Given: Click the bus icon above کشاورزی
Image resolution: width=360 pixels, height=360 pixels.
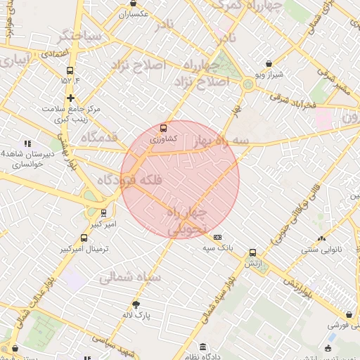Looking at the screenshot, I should click(164, 128).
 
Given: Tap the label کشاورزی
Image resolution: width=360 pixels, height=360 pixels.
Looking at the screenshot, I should click(164, 139).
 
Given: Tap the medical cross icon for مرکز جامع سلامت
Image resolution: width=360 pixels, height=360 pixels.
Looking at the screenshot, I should click(70, 97).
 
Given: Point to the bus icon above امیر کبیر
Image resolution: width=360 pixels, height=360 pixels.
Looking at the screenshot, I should click(104, 212).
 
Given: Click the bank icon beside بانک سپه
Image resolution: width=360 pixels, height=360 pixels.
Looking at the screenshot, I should click(217, 238).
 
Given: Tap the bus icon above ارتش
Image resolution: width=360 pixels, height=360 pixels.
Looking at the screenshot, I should click(252, 253).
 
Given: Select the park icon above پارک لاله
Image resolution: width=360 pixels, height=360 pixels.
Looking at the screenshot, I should click(136, 304).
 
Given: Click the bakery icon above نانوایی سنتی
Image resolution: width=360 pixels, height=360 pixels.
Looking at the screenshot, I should click(322, 238).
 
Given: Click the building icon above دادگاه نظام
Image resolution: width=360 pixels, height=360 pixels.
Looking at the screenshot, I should click(203, 347).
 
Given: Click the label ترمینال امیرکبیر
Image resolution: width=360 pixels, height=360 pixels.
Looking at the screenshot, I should click(82, 250).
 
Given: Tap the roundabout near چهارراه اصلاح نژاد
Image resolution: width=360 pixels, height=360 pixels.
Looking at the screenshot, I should click(247, 84).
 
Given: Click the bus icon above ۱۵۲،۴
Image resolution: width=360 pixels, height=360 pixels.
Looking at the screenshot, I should click(70, 70).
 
